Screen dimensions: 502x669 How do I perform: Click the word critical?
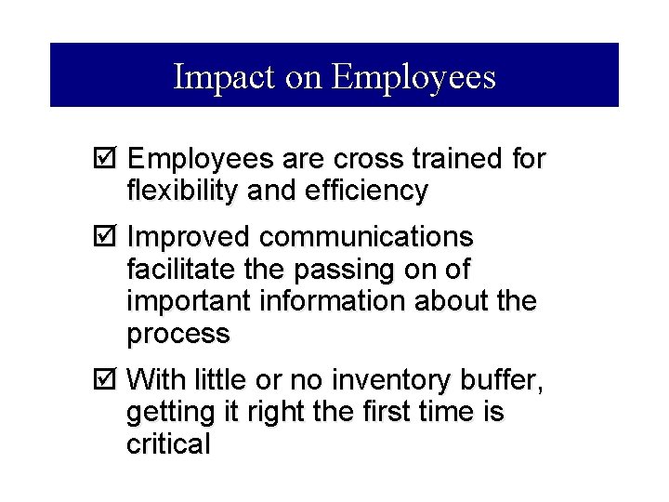click(168, 443)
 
